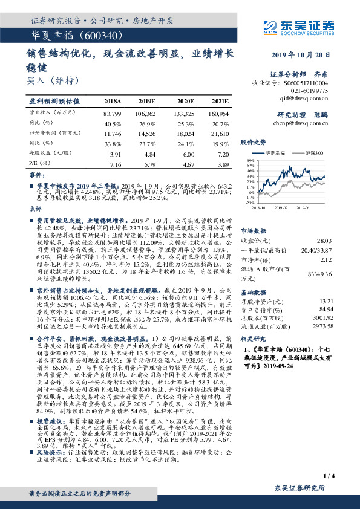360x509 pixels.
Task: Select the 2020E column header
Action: [185, 101]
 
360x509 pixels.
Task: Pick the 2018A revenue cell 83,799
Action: [113, 113]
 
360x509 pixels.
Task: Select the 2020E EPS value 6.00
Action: [185, 154]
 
